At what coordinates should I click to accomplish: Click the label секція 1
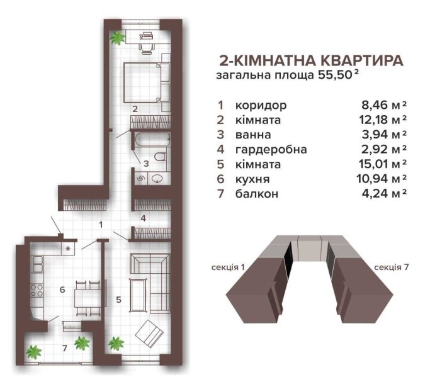(x=229, y=267)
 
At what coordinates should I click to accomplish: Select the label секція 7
(x=392, y=267)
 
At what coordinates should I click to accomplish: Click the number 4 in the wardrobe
(x=144, y=219)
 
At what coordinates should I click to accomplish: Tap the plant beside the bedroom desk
(x=116, y=38)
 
